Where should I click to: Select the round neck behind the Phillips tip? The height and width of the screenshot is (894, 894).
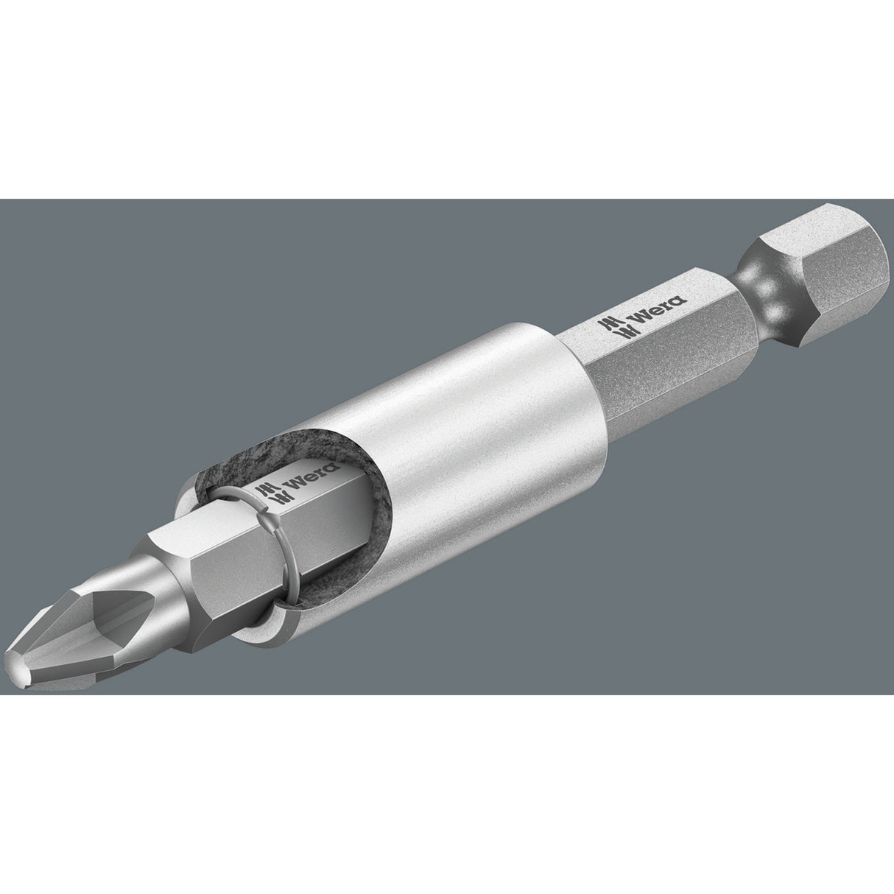(140, 582)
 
